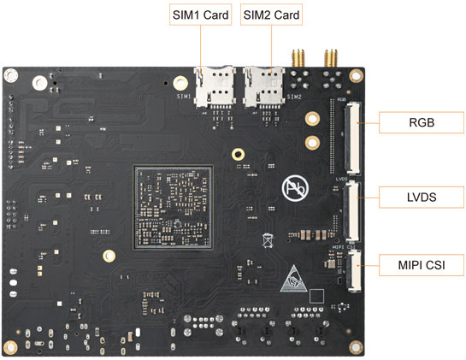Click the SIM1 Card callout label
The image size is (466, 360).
point(200,15)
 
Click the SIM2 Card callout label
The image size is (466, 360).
point(271,15)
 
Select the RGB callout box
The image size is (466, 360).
point(422,122)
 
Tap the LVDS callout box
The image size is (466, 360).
point(422,197)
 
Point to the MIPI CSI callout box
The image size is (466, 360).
point(422,265)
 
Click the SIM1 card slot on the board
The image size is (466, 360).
point(215,87)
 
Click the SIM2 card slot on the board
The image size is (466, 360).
point(263,87)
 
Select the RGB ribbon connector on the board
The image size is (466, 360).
point(352,139)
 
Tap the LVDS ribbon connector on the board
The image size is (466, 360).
point(351,212)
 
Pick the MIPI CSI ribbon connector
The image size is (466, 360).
point(354,271)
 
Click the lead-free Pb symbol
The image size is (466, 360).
point(295,188)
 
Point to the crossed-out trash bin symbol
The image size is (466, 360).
point(268,240)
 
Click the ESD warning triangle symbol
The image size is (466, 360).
point(293,279)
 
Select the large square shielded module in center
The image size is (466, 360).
point(173,207)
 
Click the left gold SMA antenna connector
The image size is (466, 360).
point(298,58)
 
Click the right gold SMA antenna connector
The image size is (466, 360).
point(331,58)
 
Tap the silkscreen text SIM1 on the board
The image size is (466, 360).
point(184,97)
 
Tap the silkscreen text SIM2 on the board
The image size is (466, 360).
point(294,97)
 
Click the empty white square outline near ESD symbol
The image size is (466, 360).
point(317,296)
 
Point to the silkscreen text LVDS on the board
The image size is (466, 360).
point(341,179)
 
